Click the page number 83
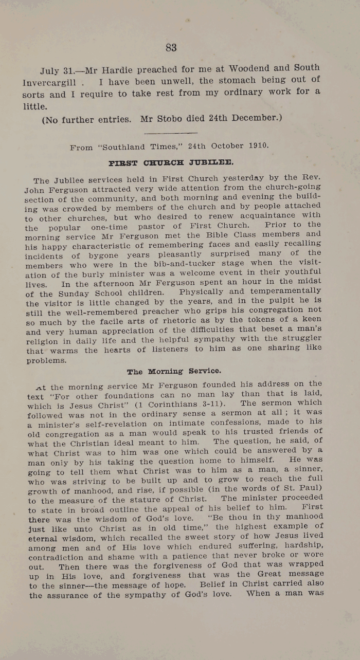pos(171,48)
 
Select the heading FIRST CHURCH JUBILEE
pos(171,163)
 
